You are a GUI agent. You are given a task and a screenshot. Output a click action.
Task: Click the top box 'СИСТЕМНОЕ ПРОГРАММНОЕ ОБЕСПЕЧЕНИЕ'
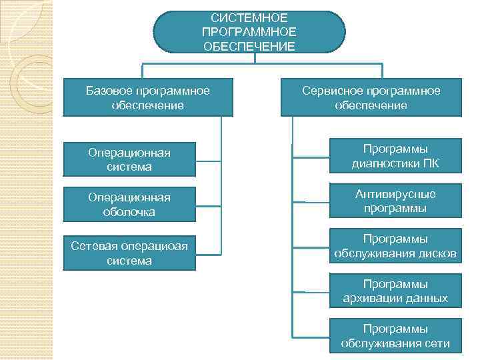(249, 31)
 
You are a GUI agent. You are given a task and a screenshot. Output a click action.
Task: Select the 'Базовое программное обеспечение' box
(148, 98)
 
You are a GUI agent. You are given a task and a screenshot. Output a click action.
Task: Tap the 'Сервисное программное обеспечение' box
(371, 98)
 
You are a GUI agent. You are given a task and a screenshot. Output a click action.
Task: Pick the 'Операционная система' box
(129, 160)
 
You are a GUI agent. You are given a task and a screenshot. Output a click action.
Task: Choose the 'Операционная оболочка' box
(129, 205)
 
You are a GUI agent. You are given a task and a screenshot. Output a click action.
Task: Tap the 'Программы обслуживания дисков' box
(395, 246)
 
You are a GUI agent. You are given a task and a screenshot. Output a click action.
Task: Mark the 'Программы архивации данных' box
(395, 291)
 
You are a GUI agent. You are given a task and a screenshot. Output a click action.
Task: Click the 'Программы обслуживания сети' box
(395, 336)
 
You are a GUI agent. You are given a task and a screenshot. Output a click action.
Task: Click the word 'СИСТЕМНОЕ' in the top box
(249, 17)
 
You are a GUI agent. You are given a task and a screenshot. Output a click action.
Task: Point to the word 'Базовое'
(109, 91)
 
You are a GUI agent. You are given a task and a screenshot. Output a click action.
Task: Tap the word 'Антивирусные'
(395, 194)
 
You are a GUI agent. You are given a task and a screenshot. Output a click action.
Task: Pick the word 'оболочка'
(129, 212)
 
